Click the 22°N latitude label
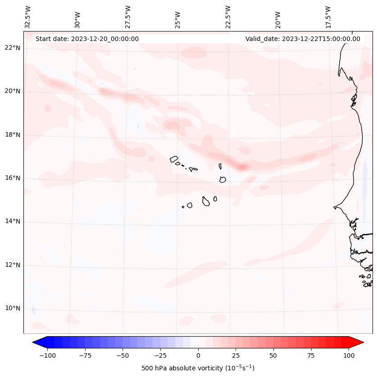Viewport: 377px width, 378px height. pyautogui.click(x=13, y=48)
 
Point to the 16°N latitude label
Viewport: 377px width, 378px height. pyautogui.click(x=13, y=178)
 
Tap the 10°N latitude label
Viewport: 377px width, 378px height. pyautogui.click(x=13, y=309)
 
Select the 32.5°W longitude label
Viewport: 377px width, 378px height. pyautogui.click(x=28, y=17)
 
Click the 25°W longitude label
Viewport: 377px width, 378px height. pyautogui.click(x=178, y=17)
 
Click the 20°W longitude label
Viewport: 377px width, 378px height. pyautogui.click(x=278, y=17)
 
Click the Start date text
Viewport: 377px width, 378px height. pyautogui.click(x=87, y=39)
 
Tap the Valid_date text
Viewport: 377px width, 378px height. pyautogui.click(x=303, y=39)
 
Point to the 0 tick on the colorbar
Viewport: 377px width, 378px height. pyautogui.click(x=198, y=355)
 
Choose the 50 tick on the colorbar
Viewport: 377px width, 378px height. pyautogui.click(x=273, y=355)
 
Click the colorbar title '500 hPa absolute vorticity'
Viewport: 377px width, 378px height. pyautogui.click(x=198, y=368)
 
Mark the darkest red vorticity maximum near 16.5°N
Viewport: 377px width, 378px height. pyautogui.click(x=242, y=167)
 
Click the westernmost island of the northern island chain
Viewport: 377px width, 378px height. pyautogui.click(x=174, y=159)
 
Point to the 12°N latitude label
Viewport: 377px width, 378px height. pyautogui.click(x=13, y=265)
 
